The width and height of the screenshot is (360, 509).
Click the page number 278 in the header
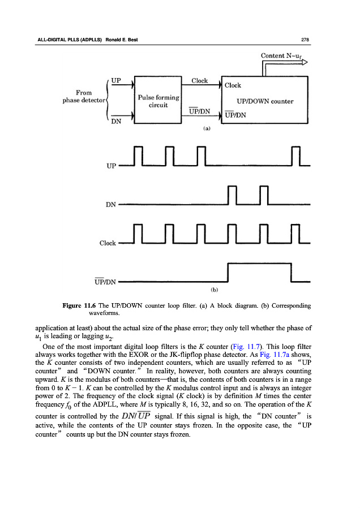coord(303,39)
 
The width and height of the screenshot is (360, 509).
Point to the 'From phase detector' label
coord(80,97)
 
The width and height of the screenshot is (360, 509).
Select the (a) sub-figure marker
coord(207,128)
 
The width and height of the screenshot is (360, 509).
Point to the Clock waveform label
coord(108,243)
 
